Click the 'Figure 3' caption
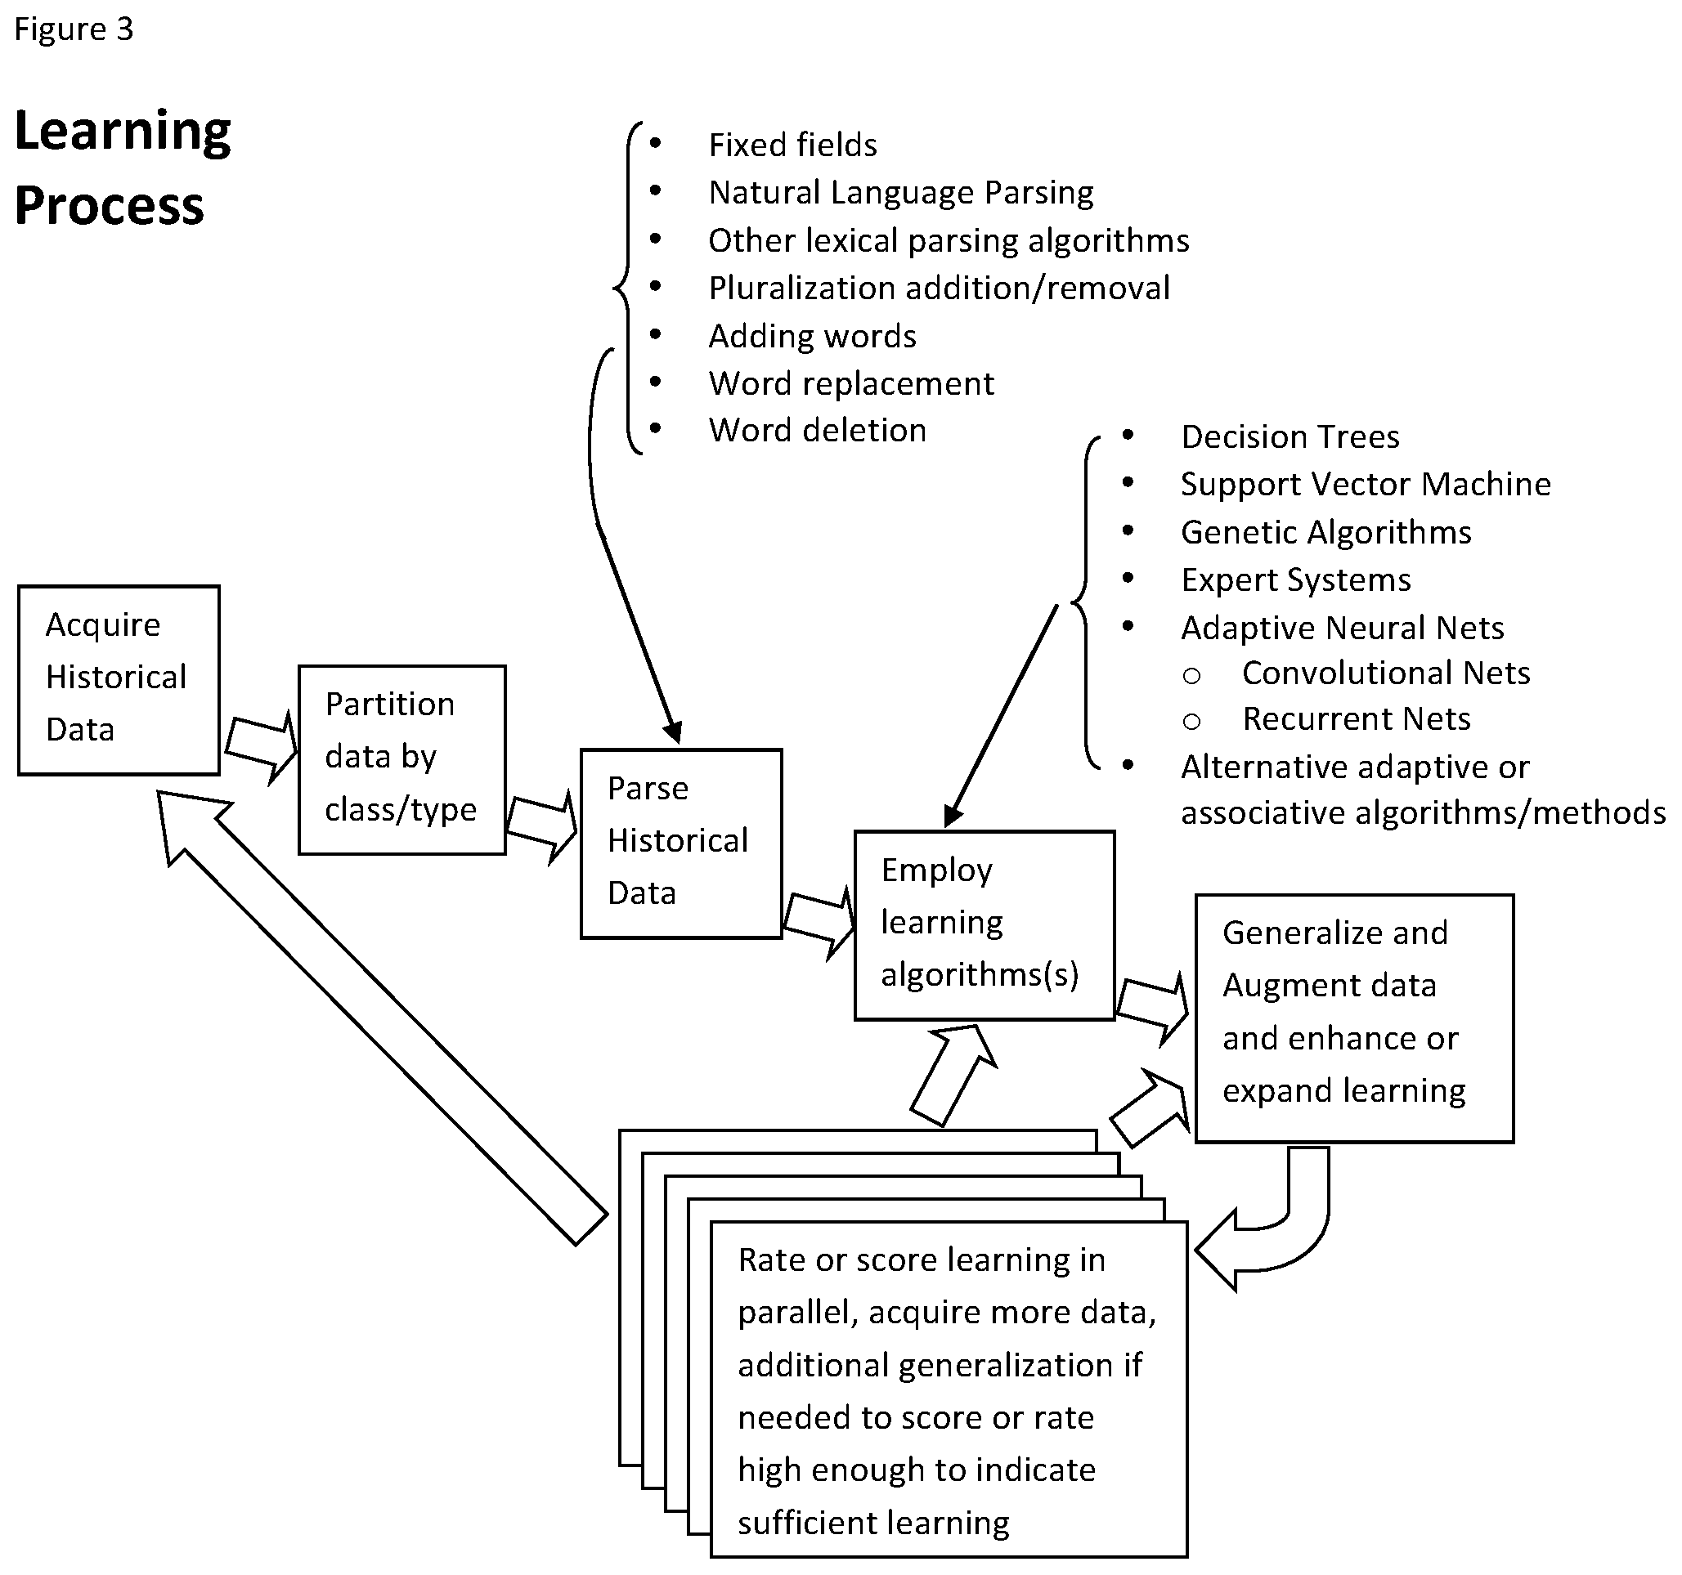(x=74, y=29)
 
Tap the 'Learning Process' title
(x=123, y=168)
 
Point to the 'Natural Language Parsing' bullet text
(x=901, y=193)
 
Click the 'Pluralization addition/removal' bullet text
(x=940, y=289)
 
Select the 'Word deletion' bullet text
(x=818, y=431)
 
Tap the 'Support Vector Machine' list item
(x=1366, y=484)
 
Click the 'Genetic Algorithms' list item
(x=1325, y=532)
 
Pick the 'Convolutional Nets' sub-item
(x=1386, y=673)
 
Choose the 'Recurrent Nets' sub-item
(x=1357, y=719)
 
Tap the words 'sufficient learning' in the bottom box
(x=874, y=1523)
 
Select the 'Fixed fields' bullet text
(x=793, y=145)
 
